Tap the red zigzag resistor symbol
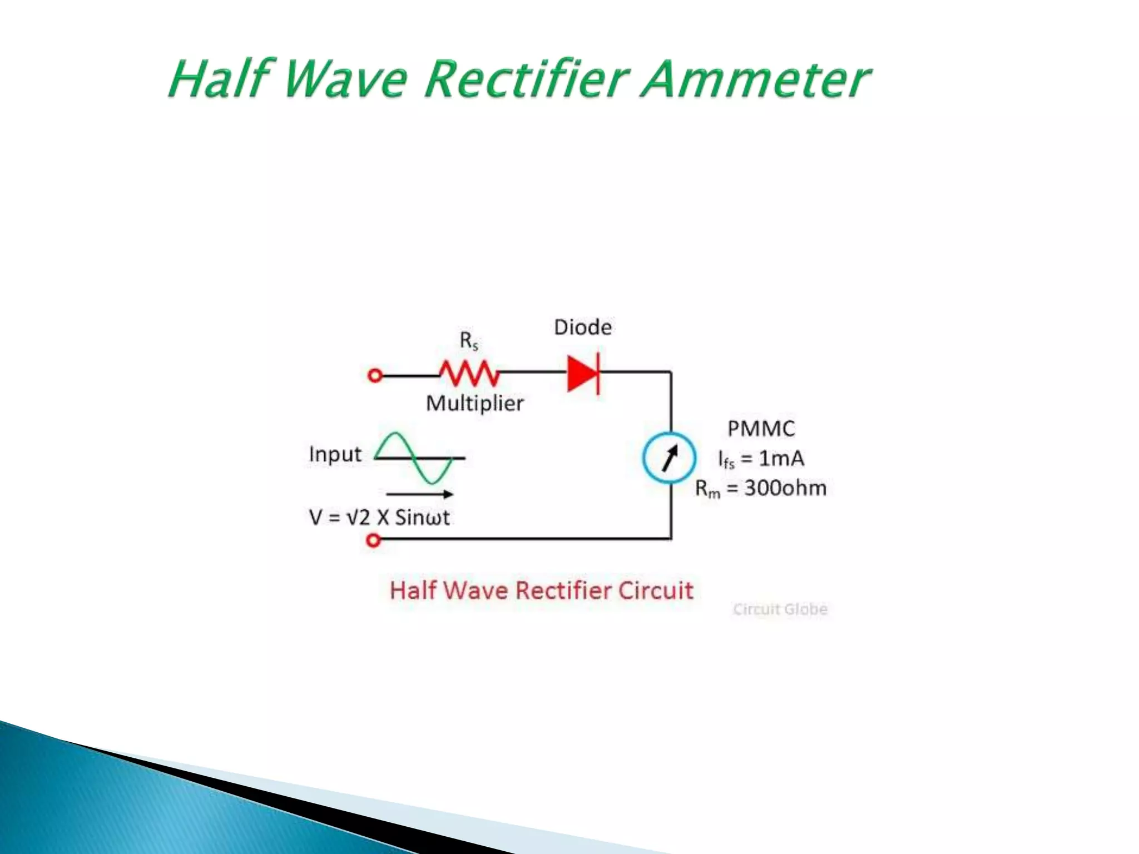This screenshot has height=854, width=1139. [x=469, y=374]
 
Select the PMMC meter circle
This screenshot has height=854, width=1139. [x=669, y=458]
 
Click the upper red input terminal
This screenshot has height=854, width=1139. [x=375, y=376]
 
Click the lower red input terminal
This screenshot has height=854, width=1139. [x=374, y=540]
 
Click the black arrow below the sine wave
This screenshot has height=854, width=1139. [x=420, y=494]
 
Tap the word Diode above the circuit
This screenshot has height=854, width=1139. [x=583, y=327]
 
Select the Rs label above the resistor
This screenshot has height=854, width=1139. [x=469, y=340]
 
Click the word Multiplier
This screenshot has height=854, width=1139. [x=475, y=403]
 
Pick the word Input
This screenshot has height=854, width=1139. [x=335, y=454]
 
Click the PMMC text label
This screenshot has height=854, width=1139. [x=761, y=429]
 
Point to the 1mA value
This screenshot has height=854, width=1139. [x=781, y=458]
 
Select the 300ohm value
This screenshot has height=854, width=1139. [x=785, y=488]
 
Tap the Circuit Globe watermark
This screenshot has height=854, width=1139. [x=780, y=609]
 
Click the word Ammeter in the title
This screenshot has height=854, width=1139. [x=755, y=80]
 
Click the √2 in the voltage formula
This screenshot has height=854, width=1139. [x=358, y=518]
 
